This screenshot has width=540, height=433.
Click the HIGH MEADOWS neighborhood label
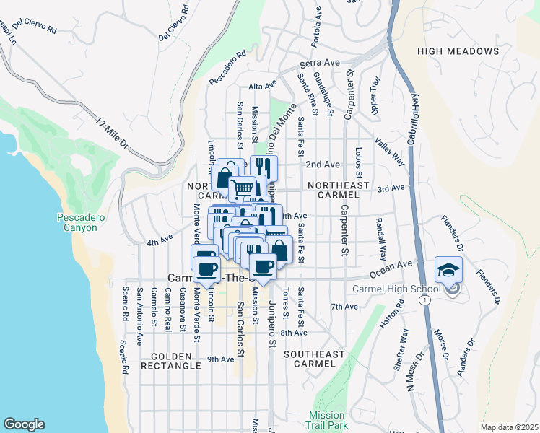[x=458, y=51]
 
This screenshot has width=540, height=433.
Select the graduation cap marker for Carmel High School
[x=448, y=270]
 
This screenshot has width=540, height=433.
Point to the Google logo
[x=24, y=424]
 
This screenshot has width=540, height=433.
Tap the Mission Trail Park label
[x=328, y=420]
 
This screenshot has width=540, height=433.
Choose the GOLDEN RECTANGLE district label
[x=177, y=361]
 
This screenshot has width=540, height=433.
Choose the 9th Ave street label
[x=221, y=359]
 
